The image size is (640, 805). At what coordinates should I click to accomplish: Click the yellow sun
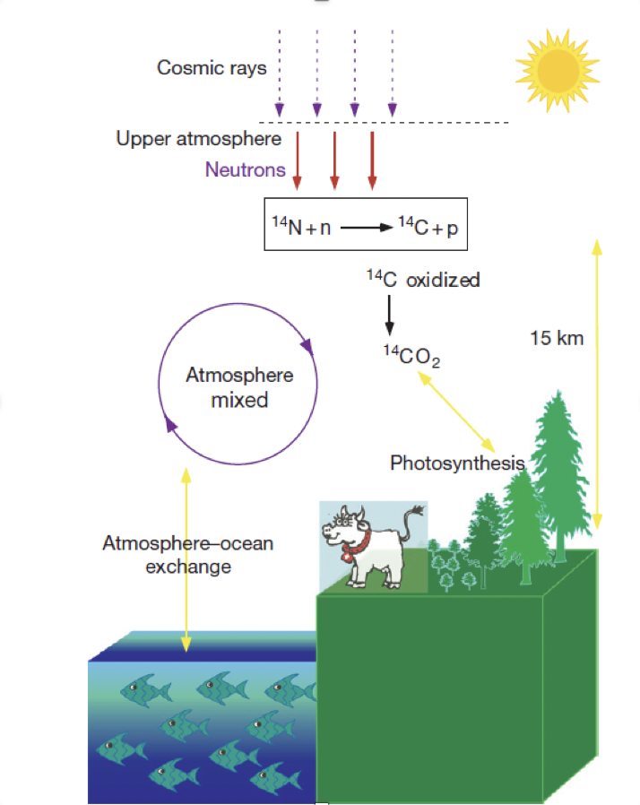[x=558, y=70]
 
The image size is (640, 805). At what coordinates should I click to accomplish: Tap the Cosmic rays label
[x=212, y=68]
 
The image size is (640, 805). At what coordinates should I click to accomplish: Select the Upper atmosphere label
[x=199, y=139]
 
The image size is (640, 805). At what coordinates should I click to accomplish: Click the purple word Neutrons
[x=246, y=169]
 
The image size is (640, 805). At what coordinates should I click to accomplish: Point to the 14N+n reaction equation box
[x=366, y=224]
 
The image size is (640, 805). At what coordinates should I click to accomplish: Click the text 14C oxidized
[x=423, y=280]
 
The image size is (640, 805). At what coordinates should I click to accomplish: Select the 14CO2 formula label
[x=411, y=356]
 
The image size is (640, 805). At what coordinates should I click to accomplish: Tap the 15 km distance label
[x=557, y=338]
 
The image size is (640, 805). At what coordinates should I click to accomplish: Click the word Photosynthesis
[x=457, y=463]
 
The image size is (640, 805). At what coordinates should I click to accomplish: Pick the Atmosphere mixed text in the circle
[x=239, y=387]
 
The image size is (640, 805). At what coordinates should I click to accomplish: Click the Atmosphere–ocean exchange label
[x=188, y=555]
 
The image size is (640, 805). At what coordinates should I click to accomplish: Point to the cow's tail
[x=410, y=521]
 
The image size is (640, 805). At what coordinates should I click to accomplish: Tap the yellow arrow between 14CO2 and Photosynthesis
[x=455, y=411]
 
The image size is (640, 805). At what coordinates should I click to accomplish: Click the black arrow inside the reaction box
[x=367, y=228]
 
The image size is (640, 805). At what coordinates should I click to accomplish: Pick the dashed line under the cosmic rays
[x=384, y=123]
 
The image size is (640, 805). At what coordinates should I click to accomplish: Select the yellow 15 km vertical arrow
[x=597, y=384]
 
